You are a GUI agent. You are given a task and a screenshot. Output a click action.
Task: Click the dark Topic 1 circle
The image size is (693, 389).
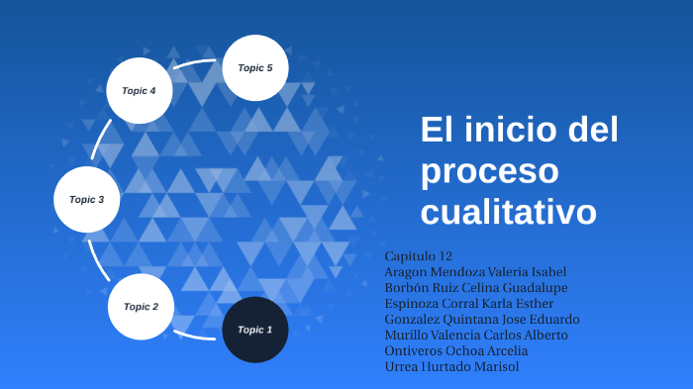click(x=255, y=329)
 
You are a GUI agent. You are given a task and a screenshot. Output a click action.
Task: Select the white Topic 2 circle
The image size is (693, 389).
click(x=141, y=306)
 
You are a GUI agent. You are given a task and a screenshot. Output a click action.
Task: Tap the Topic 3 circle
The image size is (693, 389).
click(x=86, y=199)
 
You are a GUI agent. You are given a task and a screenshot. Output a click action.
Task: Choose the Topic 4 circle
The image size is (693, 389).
click(x=140, y=90)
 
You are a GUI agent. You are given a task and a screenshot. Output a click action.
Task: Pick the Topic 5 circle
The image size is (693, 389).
click(x=254, y=67)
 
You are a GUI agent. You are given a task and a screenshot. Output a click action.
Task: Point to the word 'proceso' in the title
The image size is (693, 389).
click(x=489, y=170)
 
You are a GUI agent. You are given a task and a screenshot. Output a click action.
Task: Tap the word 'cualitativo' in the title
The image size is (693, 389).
click(x=509, y=211)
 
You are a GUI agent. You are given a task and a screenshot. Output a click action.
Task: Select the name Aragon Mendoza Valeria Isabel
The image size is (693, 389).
click(x=474, y=271)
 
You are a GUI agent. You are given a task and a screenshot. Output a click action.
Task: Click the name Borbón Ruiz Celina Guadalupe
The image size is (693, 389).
click(x=475, y=287)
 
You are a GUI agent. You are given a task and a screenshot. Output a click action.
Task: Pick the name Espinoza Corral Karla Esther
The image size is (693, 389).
click(x=468, y=303)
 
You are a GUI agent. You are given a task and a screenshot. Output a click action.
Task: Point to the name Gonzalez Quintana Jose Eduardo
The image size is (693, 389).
click(x=481, y=319)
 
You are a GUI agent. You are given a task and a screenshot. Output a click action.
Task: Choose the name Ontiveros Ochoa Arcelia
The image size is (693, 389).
click(x=456, y=350)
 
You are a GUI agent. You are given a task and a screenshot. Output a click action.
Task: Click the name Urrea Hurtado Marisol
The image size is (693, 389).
click(x=451, y=366)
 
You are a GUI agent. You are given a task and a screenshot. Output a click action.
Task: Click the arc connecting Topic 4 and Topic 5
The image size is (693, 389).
click(x=198, y=64)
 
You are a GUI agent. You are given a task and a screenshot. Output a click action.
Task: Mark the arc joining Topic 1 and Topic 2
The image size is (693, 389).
click(x=195, y=336)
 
